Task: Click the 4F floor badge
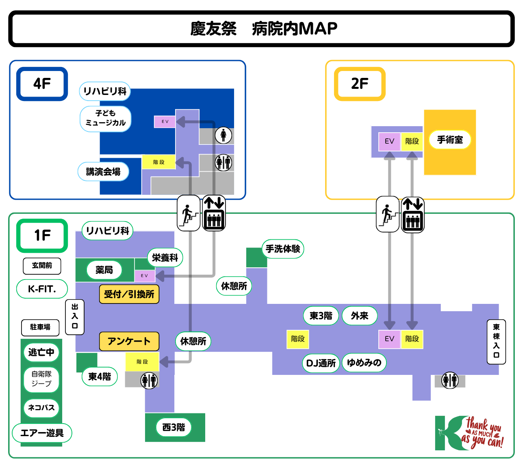click(x=42, y=84)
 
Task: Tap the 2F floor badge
click(x=360, y=84)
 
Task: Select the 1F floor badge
click(x=42, y=235)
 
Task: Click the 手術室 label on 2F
click(x=450, y=140)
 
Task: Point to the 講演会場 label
click(x=103, y=172)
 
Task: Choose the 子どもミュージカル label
click(x=106, y=118)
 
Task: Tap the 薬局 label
click(x=104, y=270)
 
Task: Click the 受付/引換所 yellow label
click(x=129, y=294)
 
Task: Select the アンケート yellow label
click(x=129, y=341)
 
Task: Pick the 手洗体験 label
click(x=283, y=249)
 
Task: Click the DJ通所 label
click(x=321, y=363)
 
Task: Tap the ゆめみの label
click(x=364, y=363)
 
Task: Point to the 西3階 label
click(x=174, y=427)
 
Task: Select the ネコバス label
click(x=41, y=408)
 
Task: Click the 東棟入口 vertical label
click(x=496, y=341)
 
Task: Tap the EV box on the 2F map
click(x=389, y=141)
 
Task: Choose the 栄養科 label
click(x=165, y=258)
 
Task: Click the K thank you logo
click(x=469, y=433)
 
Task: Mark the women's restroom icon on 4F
click(x=223, y=135)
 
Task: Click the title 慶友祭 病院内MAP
click(x=263, y=29)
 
